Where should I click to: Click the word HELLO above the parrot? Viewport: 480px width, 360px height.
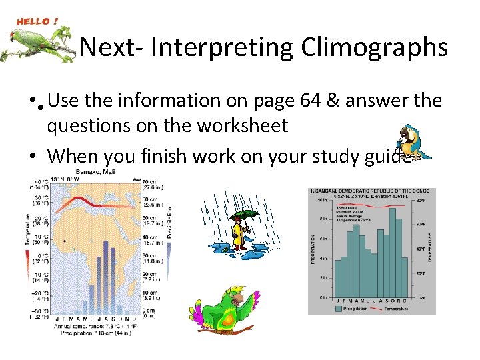(x=32, y=21)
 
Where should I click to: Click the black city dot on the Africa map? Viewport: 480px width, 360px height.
(x=65, y=241)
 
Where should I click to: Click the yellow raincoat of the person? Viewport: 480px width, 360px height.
(x=237, y=233)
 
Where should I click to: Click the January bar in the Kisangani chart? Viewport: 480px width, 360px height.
(x=338, y=278)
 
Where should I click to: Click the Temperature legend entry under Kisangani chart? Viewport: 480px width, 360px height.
(x=397, y=309)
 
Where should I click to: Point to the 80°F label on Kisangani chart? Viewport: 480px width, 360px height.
(x=421, y=200)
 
